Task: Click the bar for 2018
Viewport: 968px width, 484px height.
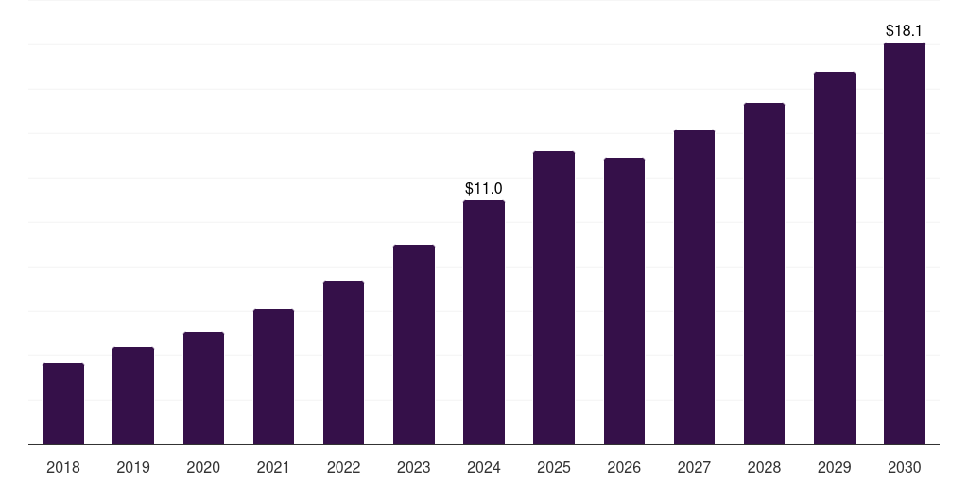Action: point(63,404)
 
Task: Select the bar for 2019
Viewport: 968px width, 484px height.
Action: point(133,396)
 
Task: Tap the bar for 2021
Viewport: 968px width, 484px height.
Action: point(273,377)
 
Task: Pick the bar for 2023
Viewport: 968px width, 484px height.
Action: point(414,345)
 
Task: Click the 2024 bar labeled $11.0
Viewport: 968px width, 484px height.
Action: point(484,322)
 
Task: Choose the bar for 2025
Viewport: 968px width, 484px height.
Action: point(554,298)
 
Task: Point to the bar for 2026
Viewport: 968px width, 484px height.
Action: point(624,302)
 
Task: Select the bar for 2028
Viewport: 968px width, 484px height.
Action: point(764,274)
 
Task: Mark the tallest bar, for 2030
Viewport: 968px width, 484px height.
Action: point(905,244)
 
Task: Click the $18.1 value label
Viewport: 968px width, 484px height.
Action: point(905,31)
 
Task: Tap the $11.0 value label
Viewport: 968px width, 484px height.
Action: point(484,189)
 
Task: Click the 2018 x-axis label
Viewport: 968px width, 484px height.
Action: point(63,467)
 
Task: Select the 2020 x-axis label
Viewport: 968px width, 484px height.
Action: point(203,467)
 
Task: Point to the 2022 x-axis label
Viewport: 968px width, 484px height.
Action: point(343,467)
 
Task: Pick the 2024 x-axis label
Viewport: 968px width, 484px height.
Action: point(484,467)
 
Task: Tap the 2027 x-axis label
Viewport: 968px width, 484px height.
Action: point(694,467)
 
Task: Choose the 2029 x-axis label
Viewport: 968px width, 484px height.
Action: point(835,467)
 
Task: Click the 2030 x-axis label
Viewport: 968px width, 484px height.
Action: point(905,467)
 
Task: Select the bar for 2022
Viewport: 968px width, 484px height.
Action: point(343,363)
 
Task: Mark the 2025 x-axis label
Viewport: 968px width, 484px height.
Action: point(554,467)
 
